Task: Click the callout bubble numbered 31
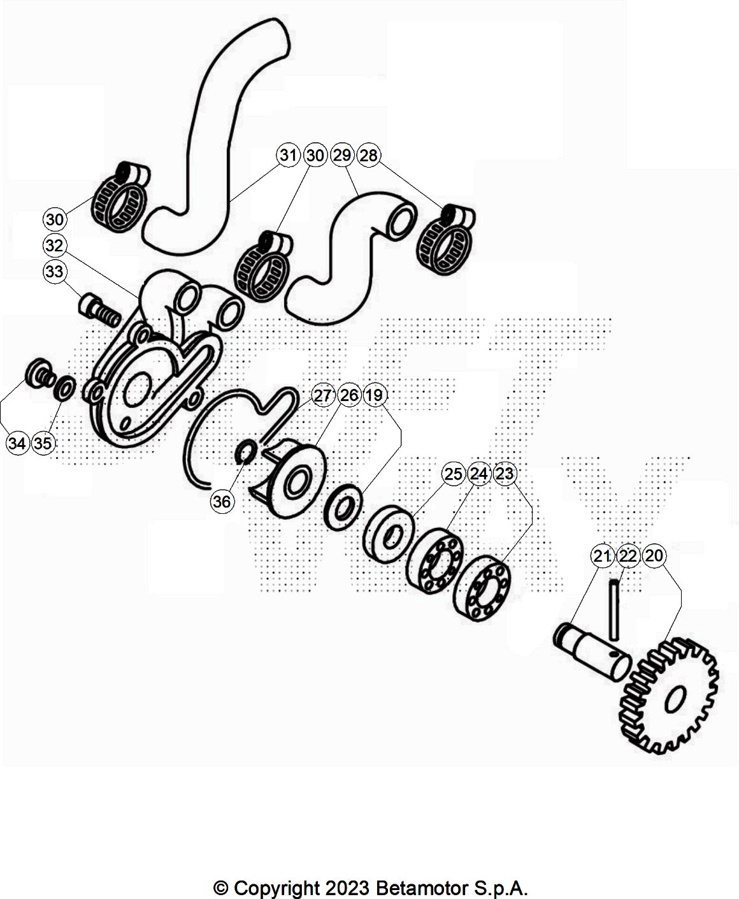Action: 289,155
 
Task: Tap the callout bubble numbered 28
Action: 369,155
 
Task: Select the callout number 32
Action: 55,245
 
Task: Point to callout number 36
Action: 222,501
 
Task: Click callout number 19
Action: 375,395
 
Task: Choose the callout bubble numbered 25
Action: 453,474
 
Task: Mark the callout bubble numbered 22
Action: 628,556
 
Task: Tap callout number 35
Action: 43,443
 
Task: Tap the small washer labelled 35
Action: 65,388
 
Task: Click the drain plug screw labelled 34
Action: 39,373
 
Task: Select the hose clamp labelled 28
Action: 445,238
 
